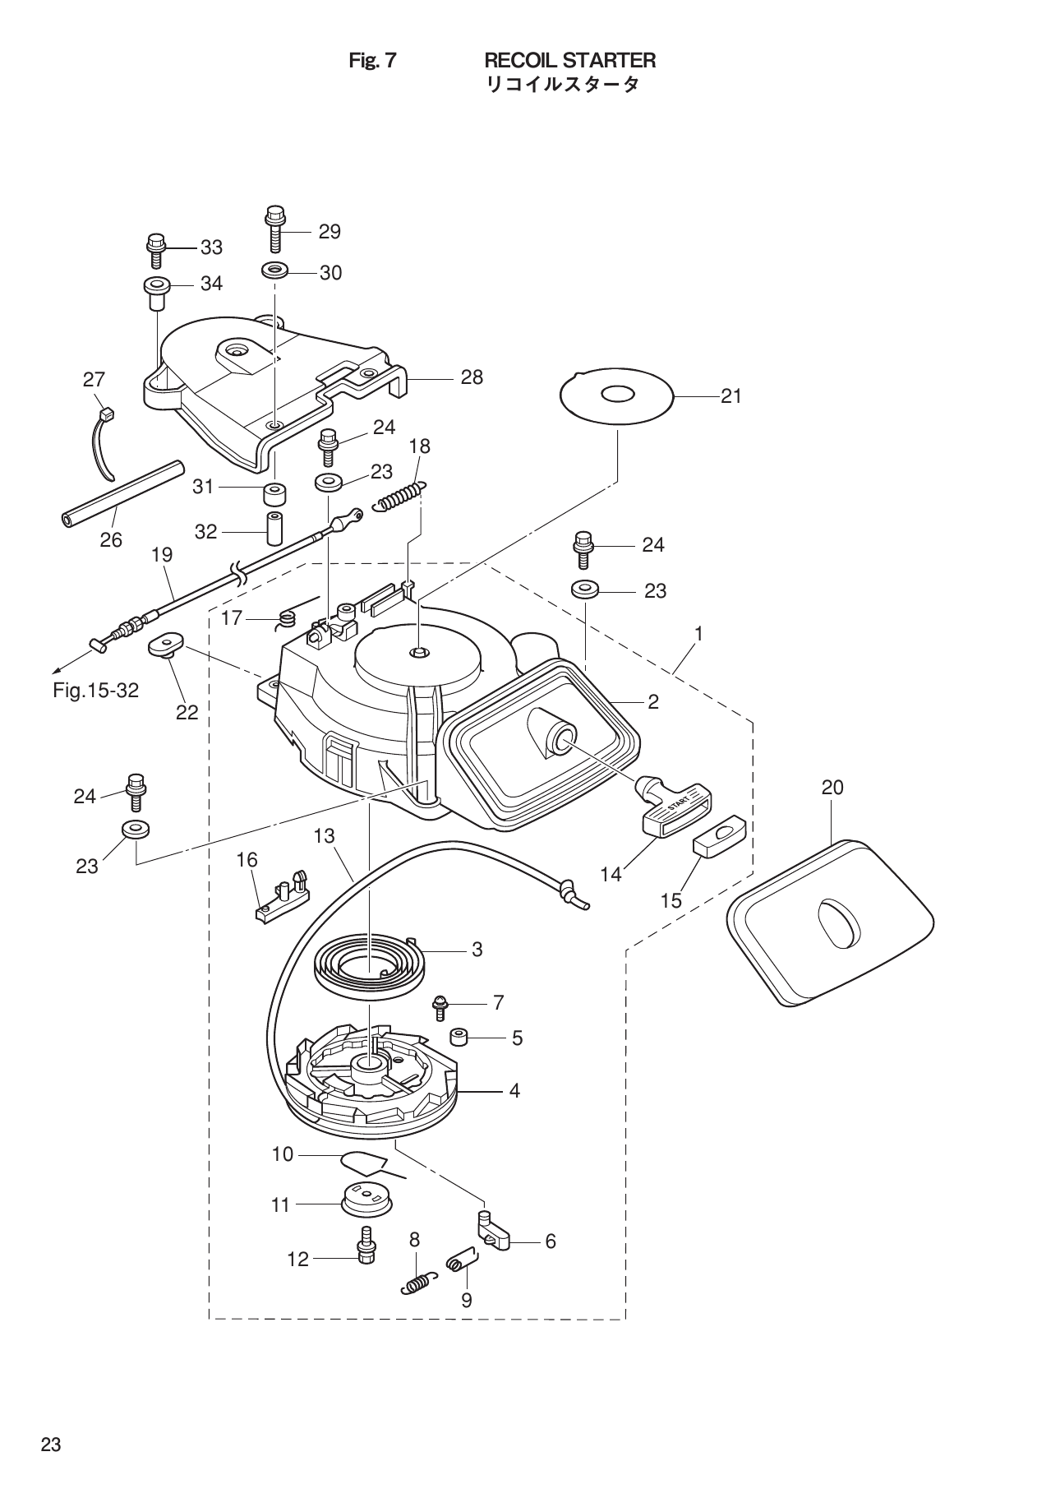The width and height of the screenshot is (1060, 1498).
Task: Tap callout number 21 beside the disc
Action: pyautogui.click(x=730, y=396)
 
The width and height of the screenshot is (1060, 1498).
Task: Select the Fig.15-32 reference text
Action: pyautogui.click(x=95, y=691)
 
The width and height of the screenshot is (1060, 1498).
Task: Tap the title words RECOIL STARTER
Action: pyautogui.click(x=569, y=61)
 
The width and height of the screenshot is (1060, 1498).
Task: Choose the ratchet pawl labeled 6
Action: pyautogui.click(x=495, y=1232)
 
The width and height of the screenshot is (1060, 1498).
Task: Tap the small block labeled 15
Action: pyautogui.click(x=720, y=837)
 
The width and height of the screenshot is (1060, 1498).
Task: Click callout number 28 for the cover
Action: pyautogui.click(x=472, y=378)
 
